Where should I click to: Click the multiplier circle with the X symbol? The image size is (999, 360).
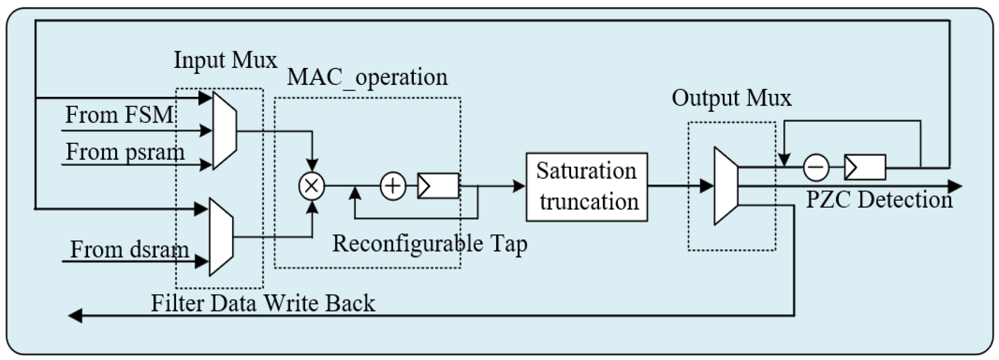[x=311, y=186]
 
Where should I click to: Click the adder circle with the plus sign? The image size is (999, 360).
[x=393, y=186]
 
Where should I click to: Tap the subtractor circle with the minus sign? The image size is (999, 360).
[x=816, y=168]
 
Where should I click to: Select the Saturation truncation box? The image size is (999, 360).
[x=586, y=187]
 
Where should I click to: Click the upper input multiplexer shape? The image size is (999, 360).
[x=224, y=131]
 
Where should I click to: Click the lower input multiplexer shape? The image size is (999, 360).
[x=221, y=237]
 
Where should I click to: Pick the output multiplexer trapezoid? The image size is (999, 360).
[x=726, y=186]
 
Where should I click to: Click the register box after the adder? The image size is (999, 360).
[x=438, y=186]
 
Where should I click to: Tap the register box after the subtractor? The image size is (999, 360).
[x=865, y=167]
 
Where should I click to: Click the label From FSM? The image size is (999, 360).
[x=119, y=115]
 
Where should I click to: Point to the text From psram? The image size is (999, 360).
[x=125, y=152]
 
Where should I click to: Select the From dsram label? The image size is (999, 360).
[x=130, y=250]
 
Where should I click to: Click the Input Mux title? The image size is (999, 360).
[x=226, y=60]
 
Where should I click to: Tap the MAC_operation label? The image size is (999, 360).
[x=367, y=78]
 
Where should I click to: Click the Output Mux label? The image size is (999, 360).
[x=731, y=98]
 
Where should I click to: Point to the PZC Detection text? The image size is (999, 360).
[x=879, y=200]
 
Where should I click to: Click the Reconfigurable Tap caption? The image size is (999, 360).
[x=430, y=244]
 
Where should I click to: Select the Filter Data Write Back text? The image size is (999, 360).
[x=263, y=303]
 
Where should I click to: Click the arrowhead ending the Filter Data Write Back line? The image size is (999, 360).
[x=75, y=315]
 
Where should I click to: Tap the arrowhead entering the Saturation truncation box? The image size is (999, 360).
[x=519, y=186]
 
